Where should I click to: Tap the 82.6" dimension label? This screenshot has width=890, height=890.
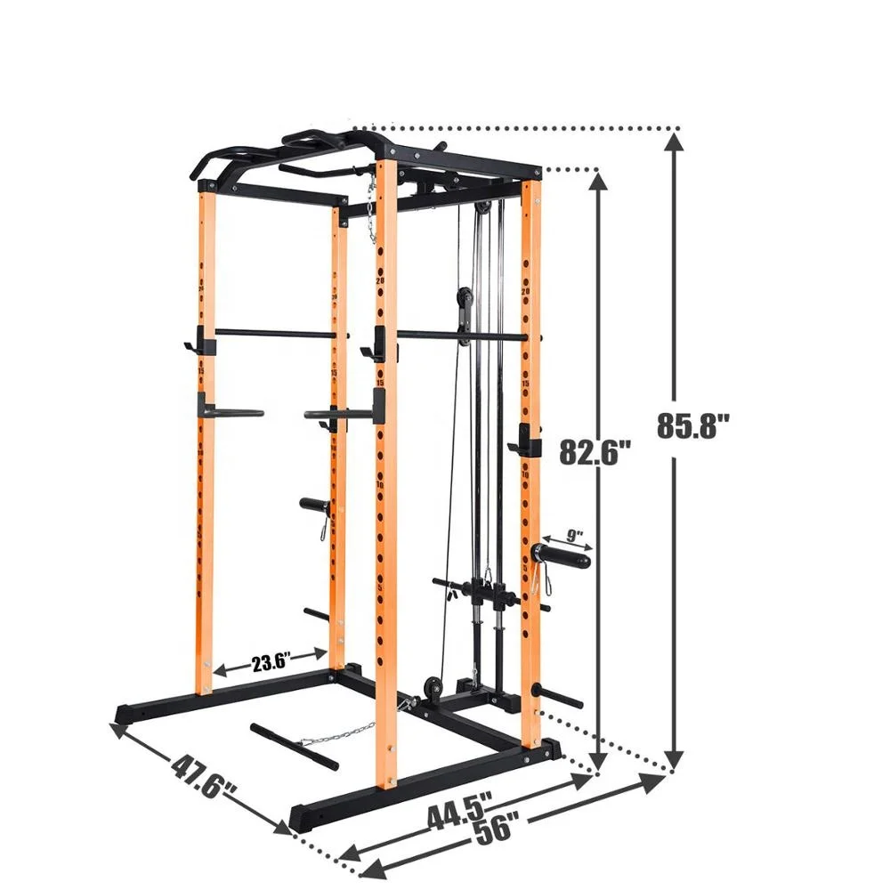coord(595,452)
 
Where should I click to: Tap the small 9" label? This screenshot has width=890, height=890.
coord(574,536)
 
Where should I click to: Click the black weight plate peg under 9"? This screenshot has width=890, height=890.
coord(562,558)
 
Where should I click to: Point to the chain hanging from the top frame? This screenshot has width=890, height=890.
coord(371,209)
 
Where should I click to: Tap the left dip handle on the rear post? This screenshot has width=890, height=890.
coord(230,412)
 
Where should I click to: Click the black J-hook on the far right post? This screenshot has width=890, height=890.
coord(527,441)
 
